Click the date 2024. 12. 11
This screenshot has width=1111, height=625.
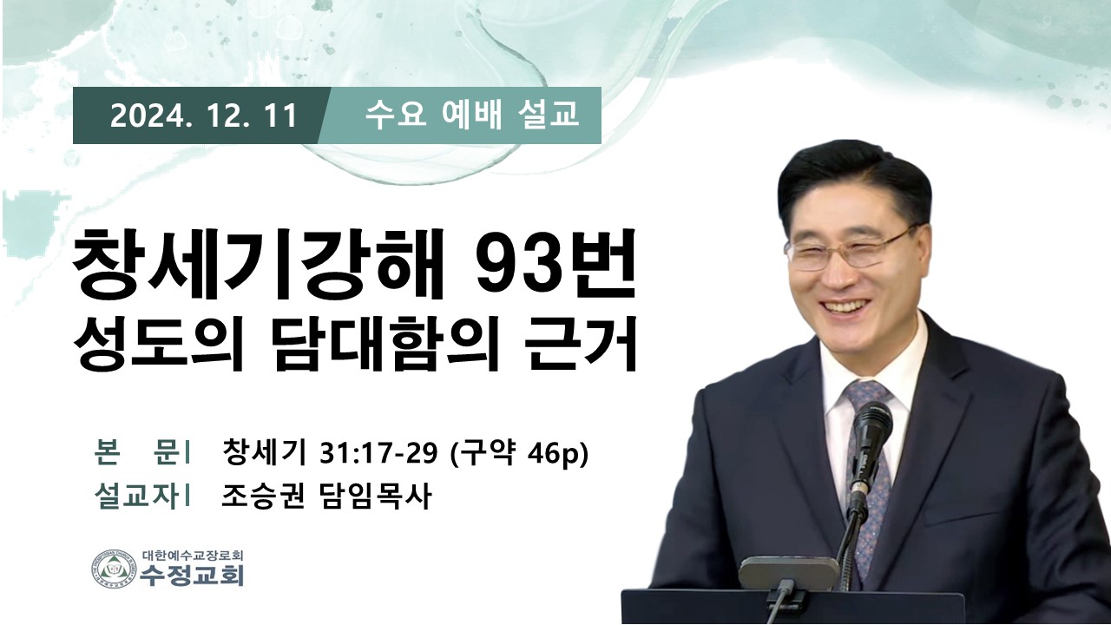203,115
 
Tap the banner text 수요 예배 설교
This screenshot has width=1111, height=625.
471,115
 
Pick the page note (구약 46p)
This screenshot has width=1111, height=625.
518,453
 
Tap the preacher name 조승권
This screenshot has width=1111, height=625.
262,495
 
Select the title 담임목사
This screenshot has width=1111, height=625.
373,495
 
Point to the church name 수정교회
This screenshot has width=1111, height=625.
192,575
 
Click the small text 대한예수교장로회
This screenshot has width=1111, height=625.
193,555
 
